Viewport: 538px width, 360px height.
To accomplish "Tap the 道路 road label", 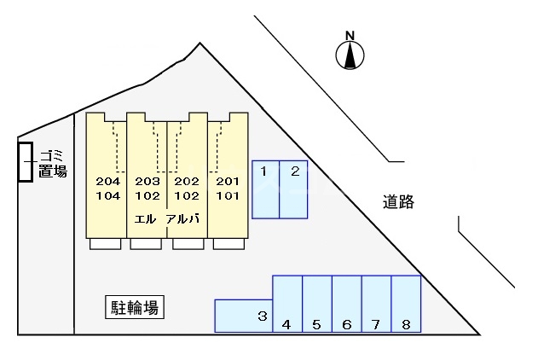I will (x=398, y=202).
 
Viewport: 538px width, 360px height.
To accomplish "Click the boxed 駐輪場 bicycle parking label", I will (x=134, y=307).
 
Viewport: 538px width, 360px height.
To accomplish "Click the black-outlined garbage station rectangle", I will (x=26, y=162).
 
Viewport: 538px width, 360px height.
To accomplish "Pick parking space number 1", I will (x=265, y=188).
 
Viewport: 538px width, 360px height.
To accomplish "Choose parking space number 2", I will (x=293, y=188).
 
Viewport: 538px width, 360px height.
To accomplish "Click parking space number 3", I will (x=243, y=316).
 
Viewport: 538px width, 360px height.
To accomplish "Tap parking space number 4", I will (x=287, y=303).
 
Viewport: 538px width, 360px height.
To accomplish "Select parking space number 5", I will (x=316, y=303).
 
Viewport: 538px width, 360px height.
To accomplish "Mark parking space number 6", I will (x=346, y=303).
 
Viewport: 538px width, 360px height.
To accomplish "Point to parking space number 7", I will (x=376, y=303).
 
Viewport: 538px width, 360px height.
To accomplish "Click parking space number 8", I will (x=406, y=303).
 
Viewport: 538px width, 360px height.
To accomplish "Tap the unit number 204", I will (x=108, y=181).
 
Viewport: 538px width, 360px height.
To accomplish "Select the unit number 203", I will (x=148, y=181).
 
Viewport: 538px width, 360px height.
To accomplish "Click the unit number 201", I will (x=227, y=181).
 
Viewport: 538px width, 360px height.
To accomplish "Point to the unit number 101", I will (x=227, y=195).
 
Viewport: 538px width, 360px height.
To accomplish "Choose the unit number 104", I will (x=108, y=195).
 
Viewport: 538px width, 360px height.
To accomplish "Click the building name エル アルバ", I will (x=167, y=218).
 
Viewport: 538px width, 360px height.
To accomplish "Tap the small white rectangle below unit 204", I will (x=106, y=244).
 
